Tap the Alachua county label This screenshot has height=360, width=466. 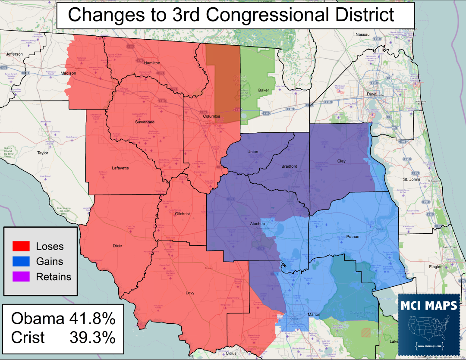tap(258, 224)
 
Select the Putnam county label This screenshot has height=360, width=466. tap(354, 237)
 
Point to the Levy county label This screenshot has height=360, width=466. tap(190, 293)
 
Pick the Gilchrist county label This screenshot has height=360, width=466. tap(182, 214)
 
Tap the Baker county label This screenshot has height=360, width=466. tap(263, 90)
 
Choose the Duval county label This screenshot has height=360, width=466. tap(372, 94)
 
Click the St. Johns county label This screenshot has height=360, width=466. tap(411, 179)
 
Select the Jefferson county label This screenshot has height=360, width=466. tap(14, 54)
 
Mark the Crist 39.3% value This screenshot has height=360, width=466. tap(92, 337)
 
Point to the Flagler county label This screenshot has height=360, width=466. tap(435, 266)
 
